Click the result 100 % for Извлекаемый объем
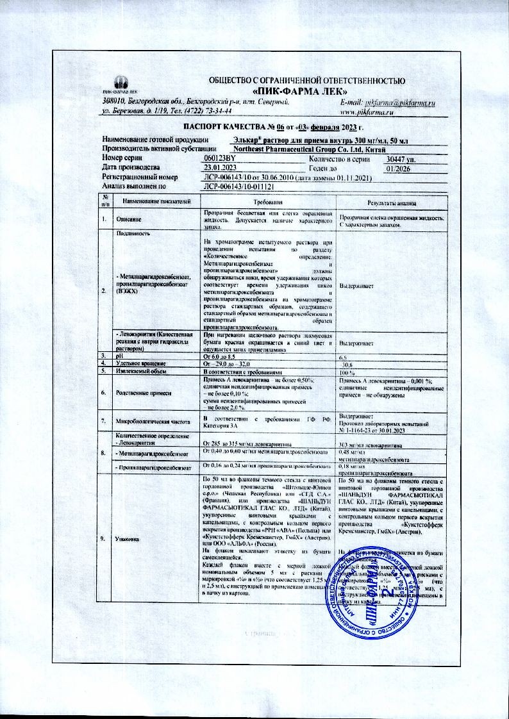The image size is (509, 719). click(x=347, y=372)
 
